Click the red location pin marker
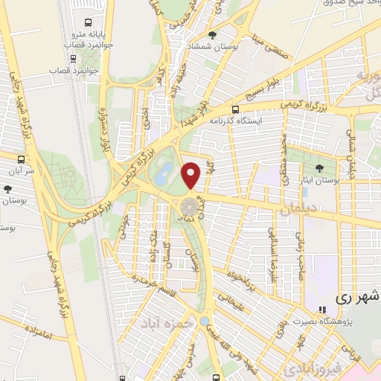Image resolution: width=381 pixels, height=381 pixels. point(192,175)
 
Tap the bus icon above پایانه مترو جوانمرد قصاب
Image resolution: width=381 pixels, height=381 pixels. point(90,22)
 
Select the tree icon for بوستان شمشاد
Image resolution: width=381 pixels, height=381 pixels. point(213,35)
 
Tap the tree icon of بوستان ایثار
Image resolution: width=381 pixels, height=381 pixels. point(320,168)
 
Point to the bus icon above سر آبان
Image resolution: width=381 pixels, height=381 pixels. point(22,159)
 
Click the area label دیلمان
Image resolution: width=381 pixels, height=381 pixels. point(298,211)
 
